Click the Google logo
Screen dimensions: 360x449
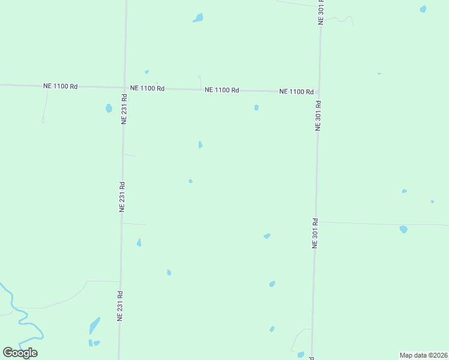[x=20, y=353]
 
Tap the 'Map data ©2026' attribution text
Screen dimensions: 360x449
[x=424, y=355]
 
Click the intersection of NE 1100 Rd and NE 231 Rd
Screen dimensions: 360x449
[x=124, y=88]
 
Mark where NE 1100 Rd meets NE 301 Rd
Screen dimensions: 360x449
[x=319, y=92]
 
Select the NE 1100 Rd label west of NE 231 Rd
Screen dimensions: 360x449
[x=60, y=86]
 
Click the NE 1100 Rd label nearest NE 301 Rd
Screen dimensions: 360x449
[x=297, y=92]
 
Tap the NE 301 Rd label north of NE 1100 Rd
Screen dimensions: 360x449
[x=321, y=12]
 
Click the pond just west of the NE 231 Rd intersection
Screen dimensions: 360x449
[x=109, y=109]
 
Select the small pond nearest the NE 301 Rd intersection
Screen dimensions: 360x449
[x=256, y=107]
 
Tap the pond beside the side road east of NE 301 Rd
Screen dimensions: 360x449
[x=403, y=229]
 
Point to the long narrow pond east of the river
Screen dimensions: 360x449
[x=94, y=326]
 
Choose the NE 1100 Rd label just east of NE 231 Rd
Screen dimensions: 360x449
[x=147, y=88]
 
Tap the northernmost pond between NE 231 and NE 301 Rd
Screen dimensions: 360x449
[x=197, y=18]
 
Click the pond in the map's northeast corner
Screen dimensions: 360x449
[x=423, y=9]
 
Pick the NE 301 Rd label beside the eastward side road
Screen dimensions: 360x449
[x=315, y=233]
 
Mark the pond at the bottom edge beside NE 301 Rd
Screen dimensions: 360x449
[x=301, y=355]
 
